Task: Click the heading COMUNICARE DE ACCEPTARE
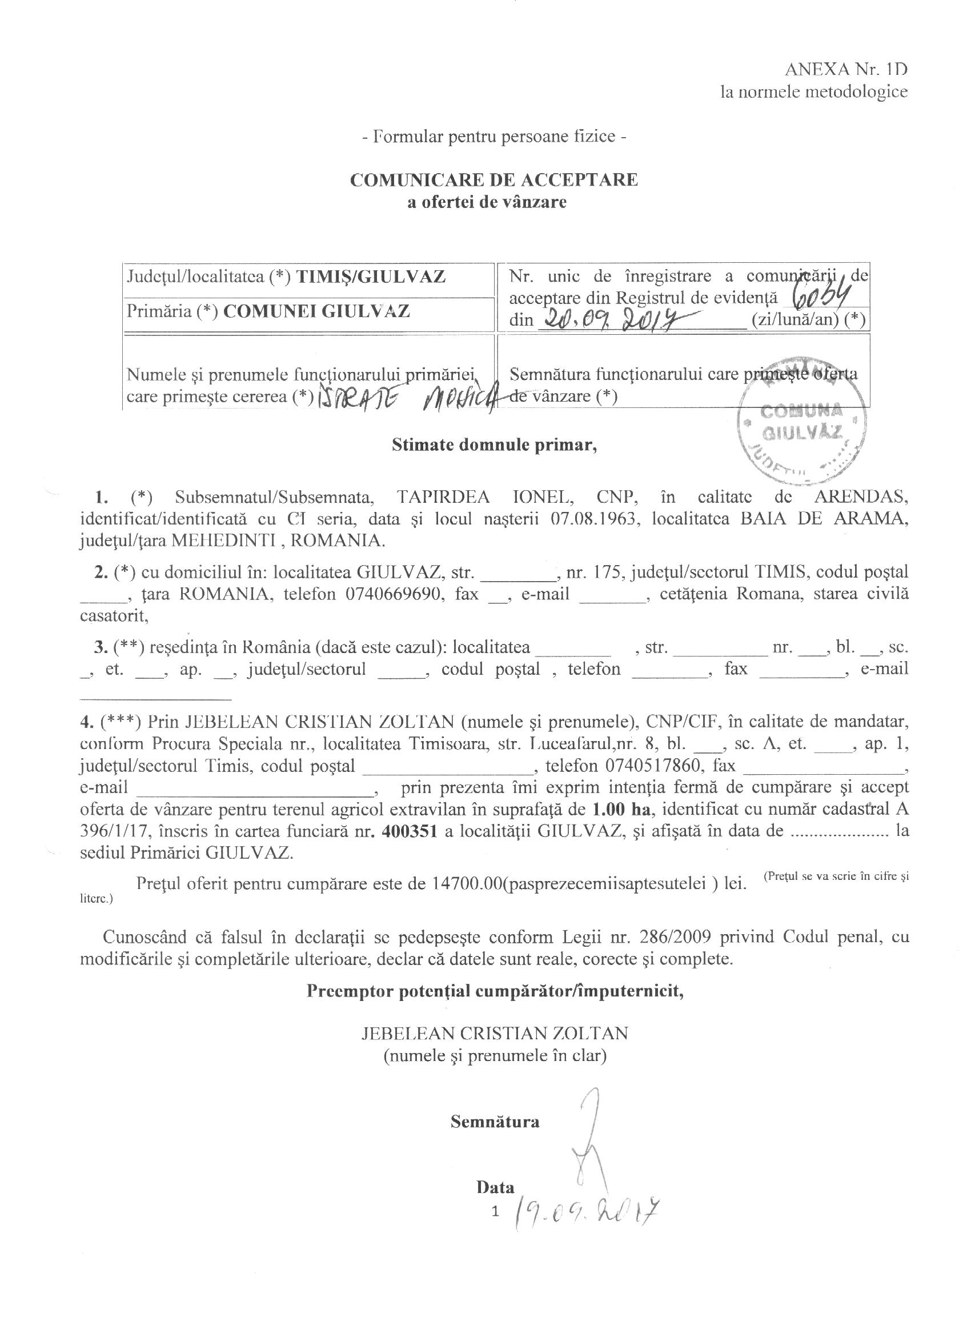493,180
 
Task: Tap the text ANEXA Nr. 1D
845,70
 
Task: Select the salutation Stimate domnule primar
494,445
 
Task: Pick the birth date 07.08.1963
596,519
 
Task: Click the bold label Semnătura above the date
495,1121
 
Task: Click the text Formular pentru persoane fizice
493,137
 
